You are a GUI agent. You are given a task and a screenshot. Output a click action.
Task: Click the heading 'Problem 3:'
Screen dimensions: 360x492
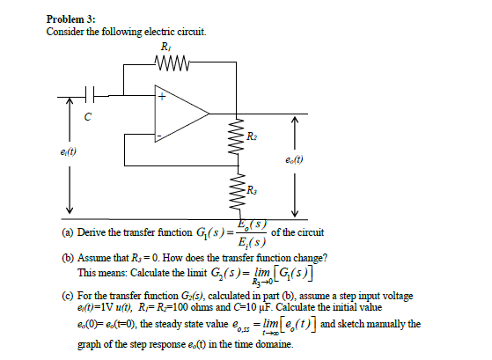point(70,19)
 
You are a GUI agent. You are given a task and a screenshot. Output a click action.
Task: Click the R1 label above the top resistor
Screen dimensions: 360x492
point(166,47)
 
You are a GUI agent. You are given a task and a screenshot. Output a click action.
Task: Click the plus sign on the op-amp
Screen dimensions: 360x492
point(160,98)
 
